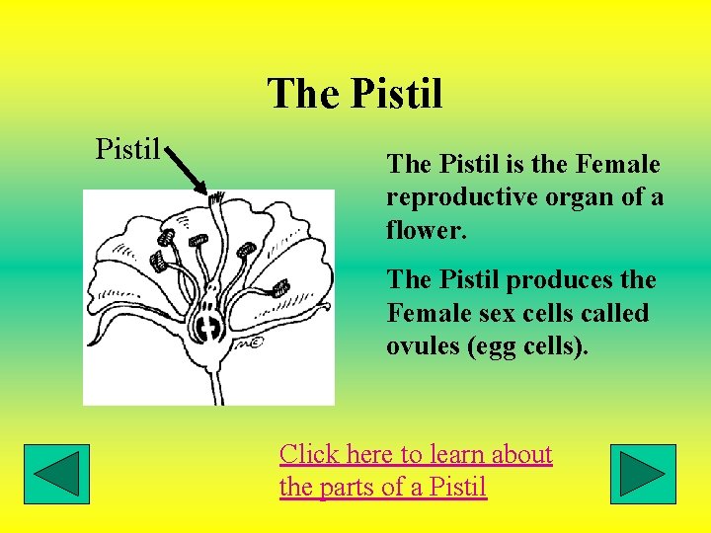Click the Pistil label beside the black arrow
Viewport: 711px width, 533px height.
pyautogui.click(x=127, y=149)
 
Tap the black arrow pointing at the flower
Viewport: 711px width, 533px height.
pyautogui.click(x=188, y=172)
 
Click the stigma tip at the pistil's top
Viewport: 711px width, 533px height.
pyautogui.click(x=214, y=200)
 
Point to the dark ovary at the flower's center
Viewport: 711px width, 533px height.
pyautogui.click(x=208, y=326)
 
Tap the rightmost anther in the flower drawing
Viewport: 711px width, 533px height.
pyautogui.click(x=280, y=288)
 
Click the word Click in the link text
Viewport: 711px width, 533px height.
pyautogui.click(x=309, y=454)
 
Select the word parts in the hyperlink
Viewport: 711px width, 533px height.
pyautogui.click(x=348, y=487)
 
